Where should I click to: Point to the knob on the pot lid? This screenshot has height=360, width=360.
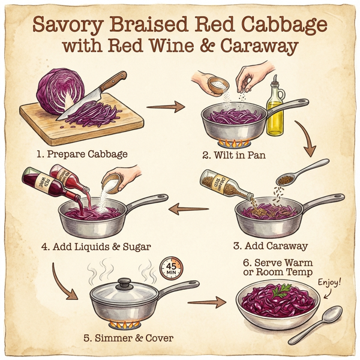point(124,281)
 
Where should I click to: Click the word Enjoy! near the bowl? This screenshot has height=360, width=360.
point(329,280)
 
